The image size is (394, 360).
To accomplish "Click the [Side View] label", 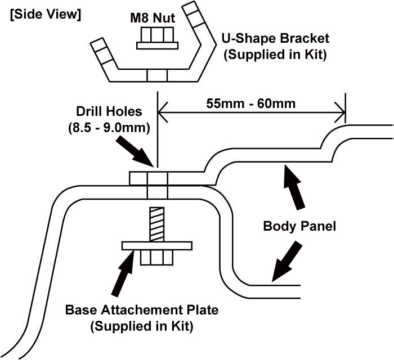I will pos(45,15).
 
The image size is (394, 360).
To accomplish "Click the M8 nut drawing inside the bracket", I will pos(157,39).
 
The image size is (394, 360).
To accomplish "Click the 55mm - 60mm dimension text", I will pos(252,103).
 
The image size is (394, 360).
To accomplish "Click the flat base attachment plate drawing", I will pos(157,245).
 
